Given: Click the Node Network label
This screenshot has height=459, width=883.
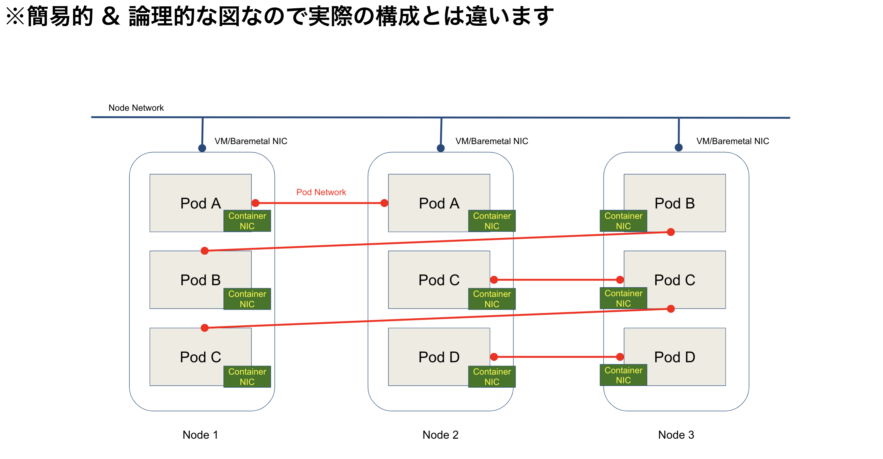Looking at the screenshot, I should (136, 108).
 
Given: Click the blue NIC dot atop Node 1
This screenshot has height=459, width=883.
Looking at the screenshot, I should (202, 148).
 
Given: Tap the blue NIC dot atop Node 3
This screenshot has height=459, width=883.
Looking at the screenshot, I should (678, 147).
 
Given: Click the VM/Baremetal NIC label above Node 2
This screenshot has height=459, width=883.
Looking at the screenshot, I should (492, 141).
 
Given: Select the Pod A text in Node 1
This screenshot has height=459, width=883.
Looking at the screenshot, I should (200, 203).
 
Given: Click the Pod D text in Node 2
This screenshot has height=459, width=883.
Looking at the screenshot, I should (439, 357).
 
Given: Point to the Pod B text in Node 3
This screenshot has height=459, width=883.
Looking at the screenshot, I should (674, 203).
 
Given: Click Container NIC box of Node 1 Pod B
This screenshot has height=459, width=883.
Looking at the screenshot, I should (247, 299).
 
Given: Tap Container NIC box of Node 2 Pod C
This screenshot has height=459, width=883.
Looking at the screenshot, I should (492, 299).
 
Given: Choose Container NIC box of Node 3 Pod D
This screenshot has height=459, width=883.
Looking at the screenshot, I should (623, 375).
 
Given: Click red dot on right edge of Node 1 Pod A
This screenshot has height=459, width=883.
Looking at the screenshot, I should (255, 203).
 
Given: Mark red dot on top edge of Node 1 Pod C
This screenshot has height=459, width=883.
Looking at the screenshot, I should (205, 328).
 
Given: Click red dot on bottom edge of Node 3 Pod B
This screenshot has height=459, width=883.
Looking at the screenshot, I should (671, 232).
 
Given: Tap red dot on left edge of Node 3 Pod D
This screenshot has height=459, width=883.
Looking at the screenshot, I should (620, 357).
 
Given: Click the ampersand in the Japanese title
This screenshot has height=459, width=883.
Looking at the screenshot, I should (111, 16).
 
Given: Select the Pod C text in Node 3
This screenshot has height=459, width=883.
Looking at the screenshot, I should (674, 280).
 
